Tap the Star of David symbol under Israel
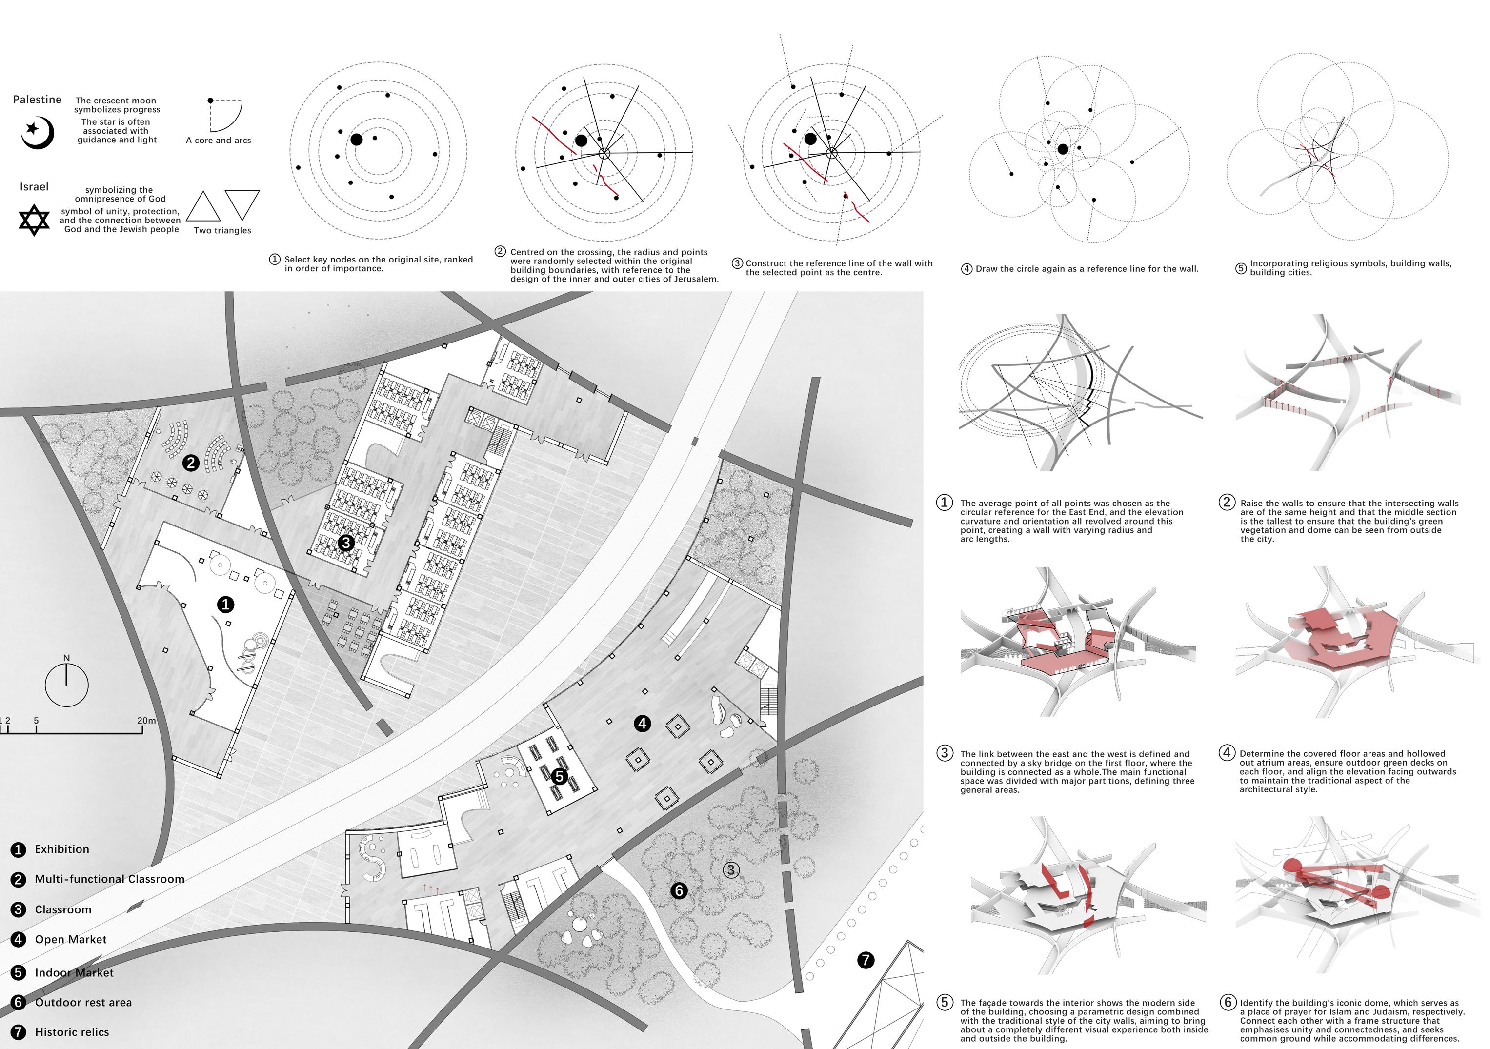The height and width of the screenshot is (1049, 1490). coord(34,220)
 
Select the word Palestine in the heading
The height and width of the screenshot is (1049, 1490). coord(37,100)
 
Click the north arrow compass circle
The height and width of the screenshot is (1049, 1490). coord(66,685)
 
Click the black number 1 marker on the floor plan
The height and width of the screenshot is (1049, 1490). coord(225,605)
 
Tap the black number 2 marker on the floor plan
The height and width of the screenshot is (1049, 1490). coord(190,463)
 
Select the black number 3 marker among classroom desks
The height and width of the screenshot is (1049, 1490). coord(345,543)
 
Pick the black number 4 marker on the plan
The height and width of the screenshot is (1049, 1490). coord(642,723)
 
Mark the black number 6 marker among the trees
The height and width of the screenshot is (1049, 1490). coord(679,890)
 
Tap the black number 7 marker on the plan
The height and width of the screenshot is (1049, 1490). coord(866,960)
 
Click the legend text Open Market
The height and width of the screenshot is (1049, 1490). coord(71,939)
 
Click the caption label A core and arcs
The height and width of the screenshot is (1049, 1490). coord(218,140)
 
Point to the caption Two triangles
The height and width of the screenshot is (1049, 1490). coord(222,230)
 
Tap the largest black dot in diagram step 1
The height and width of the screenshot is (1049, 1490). coord(356,139)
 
